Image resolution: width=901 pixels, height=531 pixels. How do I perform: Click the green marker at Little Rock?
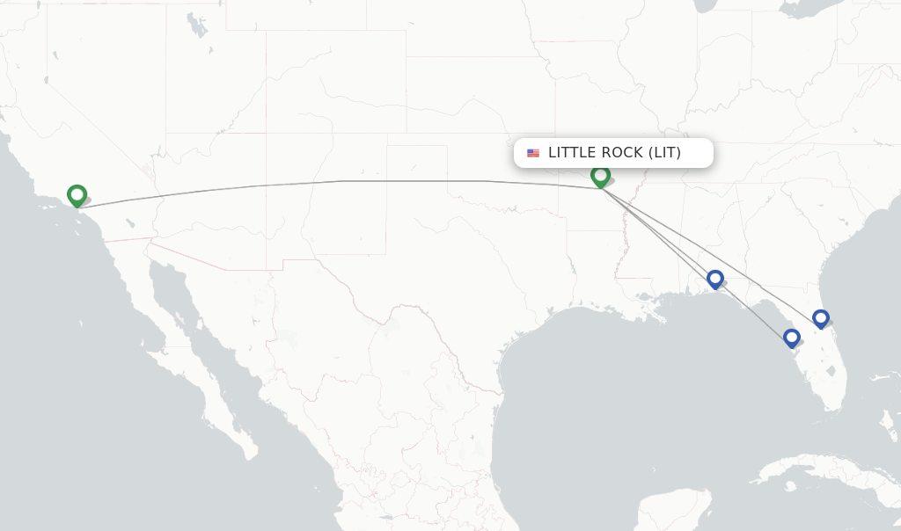(600, 176)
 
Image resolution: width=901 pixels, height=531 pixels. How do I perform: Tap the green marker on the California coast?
(77, 194)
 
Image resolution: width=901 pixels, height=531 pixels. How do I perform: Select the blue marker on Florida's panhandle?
(715, 279)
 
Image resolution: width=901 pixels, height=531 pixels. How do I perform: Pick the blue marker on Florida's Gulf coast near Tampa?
(791, 337)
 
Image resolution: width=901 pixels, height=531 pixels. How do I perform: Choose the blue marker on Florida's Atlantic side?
(821, 317)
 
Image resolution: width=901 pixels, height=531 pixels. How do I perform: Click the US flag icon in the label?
(533, 153)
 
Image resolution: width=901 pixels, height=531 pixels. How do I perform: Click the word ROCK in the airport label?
(620, 153)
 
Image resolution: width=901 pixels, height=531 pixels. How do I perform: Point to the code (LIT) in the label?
(664, 153)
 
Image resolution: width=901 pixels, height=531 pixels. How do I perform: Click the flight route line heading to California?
(352, 181)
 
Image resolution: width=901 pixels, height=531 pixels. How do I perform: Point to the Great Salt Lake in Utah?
(195, 26)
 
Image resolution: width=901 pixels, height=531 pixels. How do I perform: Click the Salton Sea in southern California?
(130, 222)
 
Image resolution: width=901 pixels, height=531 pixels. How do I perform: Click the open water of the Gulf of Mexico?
(616, 387)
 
